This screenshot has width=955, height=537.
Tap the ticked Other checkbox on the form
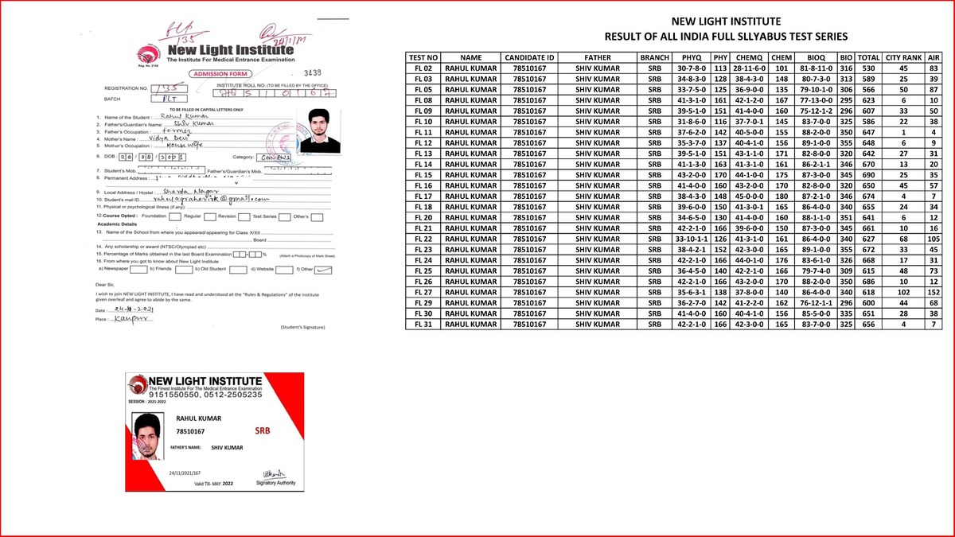coord(323,270)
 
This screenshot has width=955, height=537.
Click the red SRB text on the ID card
coord(263,430)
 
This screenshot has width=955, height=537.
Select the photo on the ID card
coord(147,437)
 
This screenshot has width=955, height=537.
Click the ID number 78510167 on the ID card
coord(191,431)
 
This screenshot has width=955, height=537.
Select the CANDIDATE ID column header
coord(529,58)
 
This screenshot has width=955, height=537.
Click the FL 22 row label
coord(423,239)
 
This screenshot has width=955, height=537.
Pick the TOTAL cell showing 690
coord(868,174)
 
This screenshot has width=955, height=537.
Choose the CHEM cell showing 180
coord(781,196)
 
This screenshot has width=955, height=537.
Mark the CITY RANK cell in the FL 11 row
coord(903,131)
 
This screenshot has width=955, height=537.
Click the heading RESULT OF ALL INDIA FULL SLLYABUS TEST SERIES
coord(725,37)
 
